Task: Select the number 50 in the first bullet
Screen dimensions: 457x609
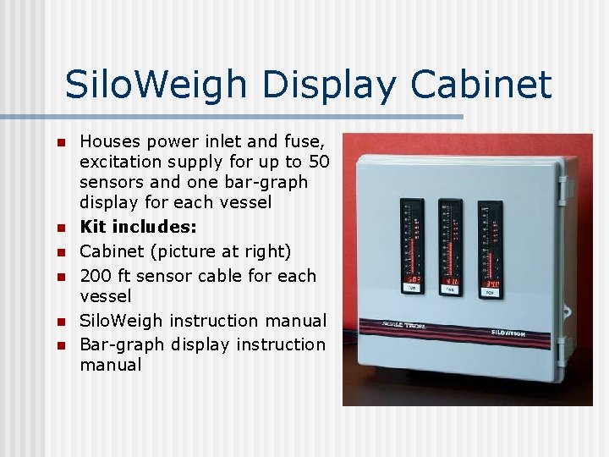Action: coord(319,162)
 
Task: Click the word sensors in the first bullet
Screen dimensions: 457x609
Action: coord(108,182)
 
